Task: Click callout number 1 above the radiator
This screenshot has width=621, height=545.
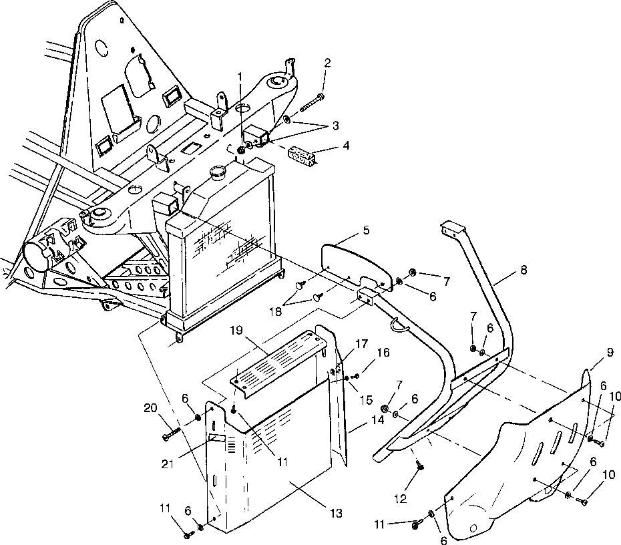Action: click(x=241, y=77)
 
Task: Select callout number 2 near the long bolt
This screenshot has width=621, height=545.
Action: click(x=327, y=63)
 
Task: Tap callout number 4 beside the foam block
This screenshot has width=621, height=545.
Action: click(x=327, y=146)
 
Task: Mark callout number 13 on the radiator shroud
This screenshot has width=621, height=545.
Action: click(x=335, y=513)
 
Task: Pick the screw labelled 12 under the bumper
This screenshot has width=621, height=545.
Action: click(x=419, y=466)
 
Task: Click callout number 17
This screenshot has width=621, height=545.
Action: click(x=361, y=344)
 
